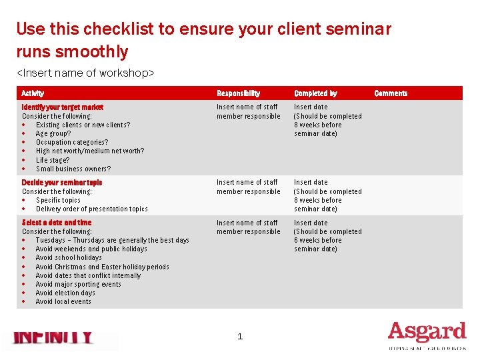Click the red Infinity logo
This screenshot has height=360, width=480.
coord(53,338)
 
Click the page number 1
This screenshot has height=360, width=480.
coord(240,337)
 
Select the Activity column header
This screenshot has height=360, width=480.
coord(33,93)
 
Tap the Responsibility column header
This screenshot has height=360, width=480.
coord(238,93)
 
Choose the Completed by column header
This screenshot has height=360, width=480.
coord(315,93)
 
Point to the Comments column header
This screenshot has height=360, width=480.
coord(391,93)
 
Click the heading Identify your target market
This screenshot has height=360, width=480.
coord(63,107)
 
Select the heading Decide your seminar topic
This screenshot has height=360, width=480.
coord(62,182)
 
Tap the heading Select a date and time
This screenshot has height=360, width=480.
coord(57,223)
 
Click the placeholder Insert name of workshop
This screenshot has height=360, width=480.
coord(85,72)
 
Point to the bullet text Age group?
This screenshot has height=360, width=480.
coord(53,133)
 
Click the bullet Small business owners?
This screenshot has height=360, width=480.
coord(73,169)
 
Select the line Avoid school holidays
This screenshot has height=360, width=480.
coord(69,257)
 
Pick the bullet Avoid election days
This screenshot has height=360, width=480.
coord(65,293)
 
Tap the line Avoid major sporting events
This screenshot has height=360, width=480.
coord(78,284)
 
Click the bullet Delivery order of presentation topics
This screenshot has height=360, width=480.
coord(91,209)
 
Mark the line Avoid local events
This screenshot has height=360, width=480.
coord(63,301)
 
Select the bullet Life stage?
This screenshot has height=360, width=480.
coord(52,160)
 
